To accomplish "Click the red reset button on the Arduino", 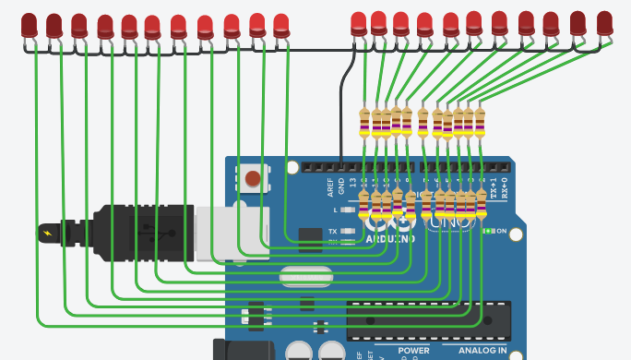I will pos(252,177).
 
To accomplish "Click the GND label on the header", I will pos(340,187).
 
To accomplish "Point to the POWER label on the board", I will pos(414,351).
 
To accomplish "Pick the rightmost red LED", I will pos(605,23).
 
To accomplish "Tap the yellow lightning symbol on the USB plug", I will pos(47,233).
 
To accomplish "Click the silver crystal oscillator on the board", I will pos(304,274).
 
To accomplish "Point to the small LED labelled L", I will pos(347,210).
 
